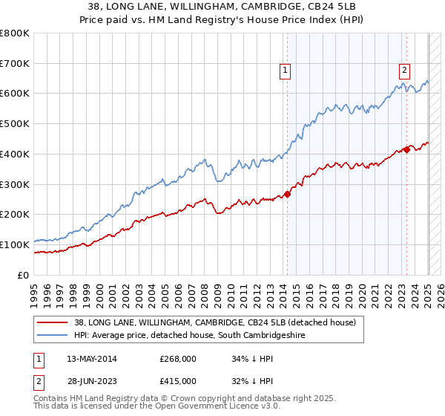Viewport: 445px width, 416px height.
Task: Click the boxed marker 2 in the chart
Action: (x=404, y=71)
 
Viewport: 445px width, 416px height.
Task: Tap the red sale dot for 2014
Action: (x=287, y=195)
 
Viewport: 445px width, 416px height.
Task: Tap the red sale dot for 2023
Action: (x=406, y=150)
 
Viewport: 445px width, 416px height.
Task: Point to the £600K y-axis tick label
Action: (x=15, y=94)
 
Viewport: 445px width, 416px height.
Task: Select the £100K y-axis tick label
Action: (x=15, y=244)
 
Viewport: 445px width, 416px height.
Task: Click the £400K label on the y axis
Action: (x=15, y=154)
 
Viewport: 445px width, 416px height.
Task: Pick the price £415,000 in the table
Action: (x=178, y=381)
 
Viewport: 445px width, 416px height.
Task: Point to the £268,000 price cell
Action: (x=178, y=359)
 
